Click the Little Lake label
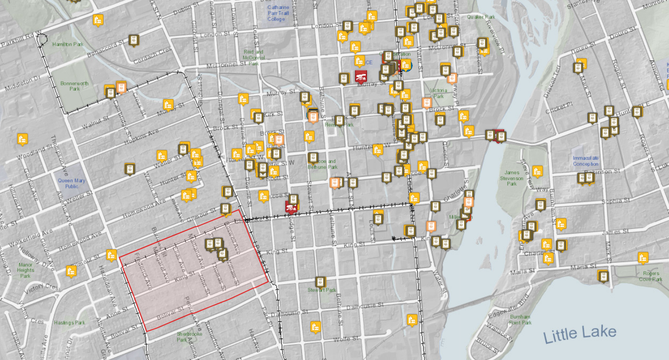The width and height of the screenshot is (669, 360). coord(580,335)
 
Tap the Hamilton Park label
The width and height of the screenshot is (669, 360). coord(68,44)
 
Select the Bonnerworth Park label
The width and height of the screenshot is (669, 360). coord(74,86)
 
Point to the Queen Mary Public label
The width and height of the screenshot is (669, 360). coord(71,183)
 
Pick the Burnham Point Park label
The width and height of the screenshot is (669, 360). coord(520,319)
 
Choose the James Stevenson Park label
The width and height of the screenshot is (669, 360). coord(512,178)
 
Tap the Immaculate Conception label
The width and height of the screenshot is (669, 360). coord(586,161)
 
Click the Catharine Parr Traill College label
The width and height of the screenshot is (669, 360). coord(278,13)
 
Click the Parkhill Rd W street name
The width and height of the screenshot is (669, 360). coord(21,40)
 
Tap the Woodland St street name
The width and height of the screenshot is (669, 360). coord(35,152)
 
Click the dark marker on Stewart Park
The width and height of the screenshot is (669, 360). coord(320,282)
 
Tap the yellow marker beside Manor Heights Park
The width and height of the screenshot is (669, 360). coord(71,271)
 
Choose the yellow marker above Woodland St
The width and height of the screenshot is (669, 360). coord(22,139)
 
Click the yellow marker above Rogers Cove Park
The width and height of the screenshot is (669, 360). coord(643,258)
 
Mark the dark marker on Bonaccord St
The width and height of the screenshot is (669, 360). coord(134,40)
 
